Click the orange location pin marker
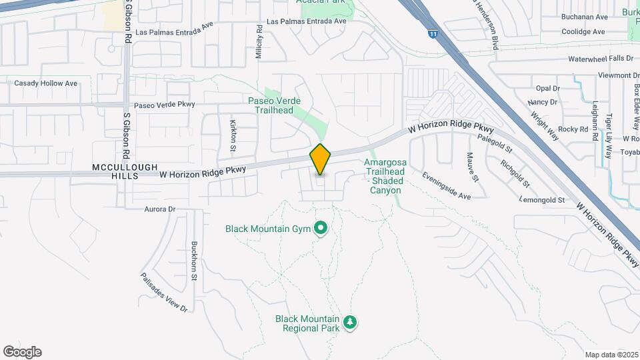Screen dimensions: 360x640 click(x=320, y=159)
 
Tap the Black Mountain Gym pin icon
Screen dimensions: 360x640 click(x=320, y=229)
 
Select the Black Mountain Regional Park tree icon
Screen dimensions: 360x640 click(x=350, y=323)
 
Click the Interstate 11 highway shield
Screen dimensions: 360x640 click(x=433, y=33)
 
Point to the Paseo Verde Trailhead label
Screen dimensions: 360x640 click(x=274, y=105)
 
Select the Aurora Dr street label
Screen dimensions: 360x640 click(x=159, y=209)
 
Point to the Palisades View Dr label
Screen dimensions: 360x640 click(x=163, y=293)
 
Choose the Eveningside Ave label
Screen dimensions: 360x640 click(x=446, y=186)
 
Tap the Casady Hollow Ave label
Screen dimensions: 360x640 click(x=46, y=83)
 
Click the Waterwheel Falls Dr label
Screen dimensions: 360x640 click(x=600, y=59)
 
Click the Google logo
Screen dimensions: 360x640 click(x=22, y=352)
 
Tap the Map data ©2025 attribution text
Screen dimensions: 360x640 click(x=611, y=355)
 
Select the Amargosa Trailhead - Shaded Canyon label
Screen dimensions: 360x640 click(x=383, y=176)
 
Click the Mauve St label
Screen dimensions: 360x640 click(x=472, y=166)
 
